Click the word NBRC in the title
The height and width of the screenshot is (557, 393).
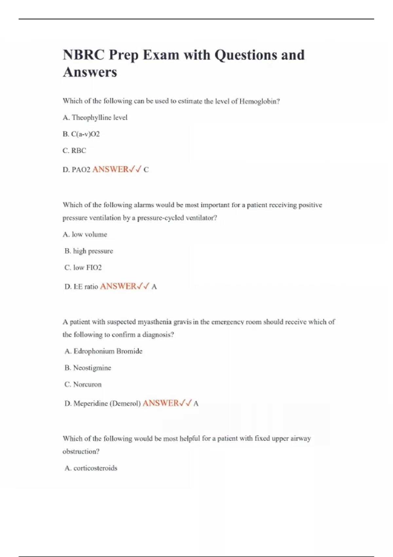point(83,55)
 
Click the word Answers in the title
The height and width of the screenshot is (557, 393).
point(90,72)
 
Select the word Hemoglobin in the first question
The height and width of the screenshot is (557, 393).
point(259,101)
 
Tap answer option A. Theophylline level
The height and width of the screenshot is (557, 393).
point(95,118)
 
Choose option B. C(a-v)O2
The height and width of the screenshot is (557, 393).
point(81,134)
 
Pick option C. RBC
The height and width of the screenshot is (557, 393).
point(74,151)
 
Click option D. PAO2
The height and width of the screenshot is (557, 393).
point(76,170)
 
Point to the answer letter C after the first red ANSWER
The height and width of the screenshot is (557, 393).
point(146,170)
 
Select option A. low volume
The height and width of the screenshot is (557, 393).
point(85,235)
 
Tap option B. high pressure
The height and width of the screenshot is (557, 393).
point(89,251)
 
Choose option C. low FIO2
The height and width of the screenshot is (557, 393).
point(83,268)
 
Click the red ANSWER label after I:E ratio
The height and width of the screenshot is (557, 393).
point(118,286)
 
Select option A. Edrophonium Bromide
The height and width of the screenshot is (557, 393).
point(103,351)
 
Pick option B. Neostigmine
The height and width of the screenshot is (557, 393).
point(88,368)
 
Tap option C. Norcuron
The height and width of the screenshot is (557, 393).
point(83,384)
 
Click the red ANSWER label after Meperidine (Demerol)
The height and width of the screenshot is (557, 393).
point(161,403)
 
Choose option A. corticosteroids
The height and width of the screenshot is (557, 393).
point(91,468)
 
